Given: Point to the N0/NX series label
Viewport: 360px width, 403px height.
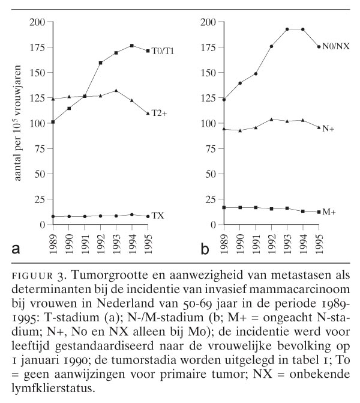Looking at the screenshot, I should tap(337, 47).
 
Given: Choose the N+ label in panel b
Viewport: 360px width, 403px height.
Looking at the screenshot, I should tap(328, 128).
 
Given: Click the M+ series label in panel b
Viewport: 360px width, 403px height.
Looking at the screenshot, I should tap(329, 212).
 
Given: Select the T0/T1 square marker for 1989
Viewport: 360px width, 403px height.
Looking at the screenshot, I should tap(53, 122).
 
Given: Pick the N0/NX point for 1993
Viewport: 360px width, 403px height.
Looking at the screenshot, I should tap(287, 29).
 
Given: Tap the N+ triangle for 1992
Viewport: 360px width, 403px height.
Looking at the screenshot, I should tap(271, 120).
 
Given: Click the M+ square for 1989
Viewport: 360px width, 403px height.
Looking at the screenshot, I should tap(224, 208).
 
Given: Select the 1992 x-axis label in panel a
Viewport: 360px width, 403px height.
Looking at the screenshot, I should tap(100, 243).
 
